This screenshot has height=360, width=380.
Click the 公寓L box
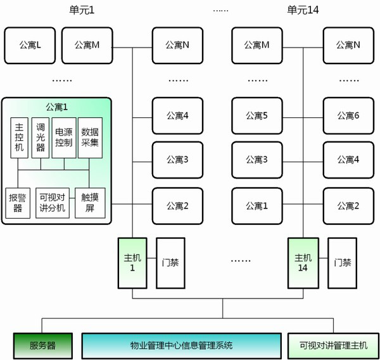click(x=30, y=44)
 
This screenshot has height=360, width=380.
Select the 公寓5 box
click(x=256, y=115)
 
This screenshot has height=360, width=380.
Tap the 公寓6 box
click(x=348, y=115)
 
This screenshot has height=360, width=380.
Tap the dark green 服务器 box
click(x=42, y=345)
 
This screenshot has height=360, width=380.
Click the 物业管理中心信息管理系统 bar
click(x=181, y=345)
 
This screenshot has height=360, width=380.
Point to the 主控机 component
click(x=18, y=138)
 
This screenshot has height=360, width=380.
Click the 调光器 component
click(x=41, y=138)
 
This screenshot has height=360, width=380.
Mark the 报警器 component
click(x=18, y=203)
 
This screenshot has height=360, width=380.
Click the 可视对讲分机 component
click(x=52, y=203)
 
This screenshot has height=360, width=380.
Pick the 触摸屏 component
click(x=89, y=203)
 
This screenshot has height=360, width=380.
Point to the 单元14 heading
click(x=303, y=10)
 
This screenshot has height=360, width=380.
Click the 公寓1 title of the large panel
click(x=56, y=106)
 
